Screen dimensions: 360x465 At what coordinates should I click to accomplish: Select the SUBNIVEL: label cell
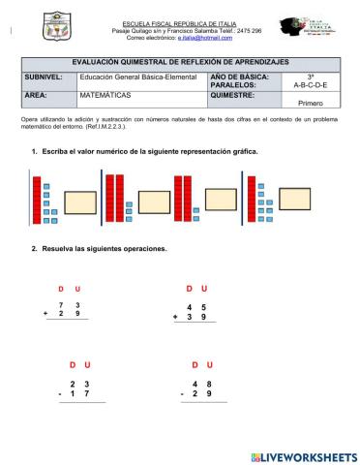pos(43,75)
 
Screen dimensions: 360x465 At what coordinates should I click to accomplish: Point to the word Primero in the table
pos(310,103)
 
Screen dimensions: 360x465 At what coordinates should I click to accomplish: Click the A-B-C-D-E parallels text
pos(310,85)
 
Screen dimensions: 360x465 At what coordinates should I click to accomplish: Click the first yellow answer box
pos(80,201)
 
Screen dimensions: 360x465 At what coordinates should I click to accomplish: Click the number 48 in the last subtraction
pos(202,383)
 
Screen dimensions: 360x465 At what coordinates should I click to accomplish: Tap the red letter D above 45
pos(190,289)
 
